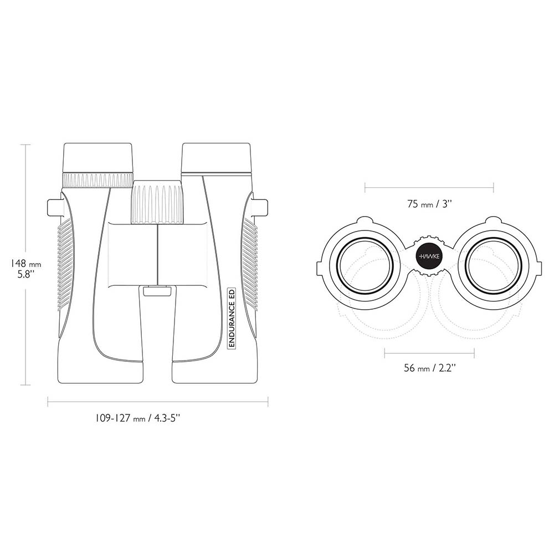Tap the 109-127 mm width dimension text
coord(138,418)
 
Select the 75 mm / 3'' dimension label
coord(430,204)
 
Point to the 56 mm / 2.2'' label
coord(430,368)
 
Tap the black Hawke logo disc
coord(429,256)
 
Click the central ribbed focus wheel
coord(157,202)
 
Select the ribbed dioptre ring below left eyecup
coord(98,181)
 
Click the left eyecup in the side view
coord(98,158)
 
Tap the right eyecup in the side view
coord(216,158)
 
